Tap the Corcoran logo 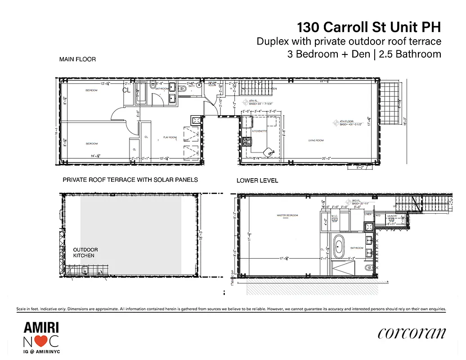pyautogui.click(x=412, y=333)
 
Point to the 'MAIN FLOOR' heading pyautogui.click(x=77, y=59)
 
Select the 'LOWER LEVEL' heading pyautogui.click(x=257, y=180)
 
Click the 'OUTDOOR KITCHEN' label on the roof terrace pyautogui.click(x=85, y=252)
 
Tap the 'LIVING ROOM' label pyautogui.click(x=317, y=140)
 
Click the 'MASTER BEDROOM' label pyautogui.click(x=287, y=216)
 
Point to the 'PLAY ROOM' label pyautogui.click(x=170, y=137)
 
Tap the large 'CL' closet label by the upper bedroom pyautogui.click(x=126, y=90)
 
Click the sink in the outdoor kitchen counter pyautogui.click(x=84, y=270)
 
